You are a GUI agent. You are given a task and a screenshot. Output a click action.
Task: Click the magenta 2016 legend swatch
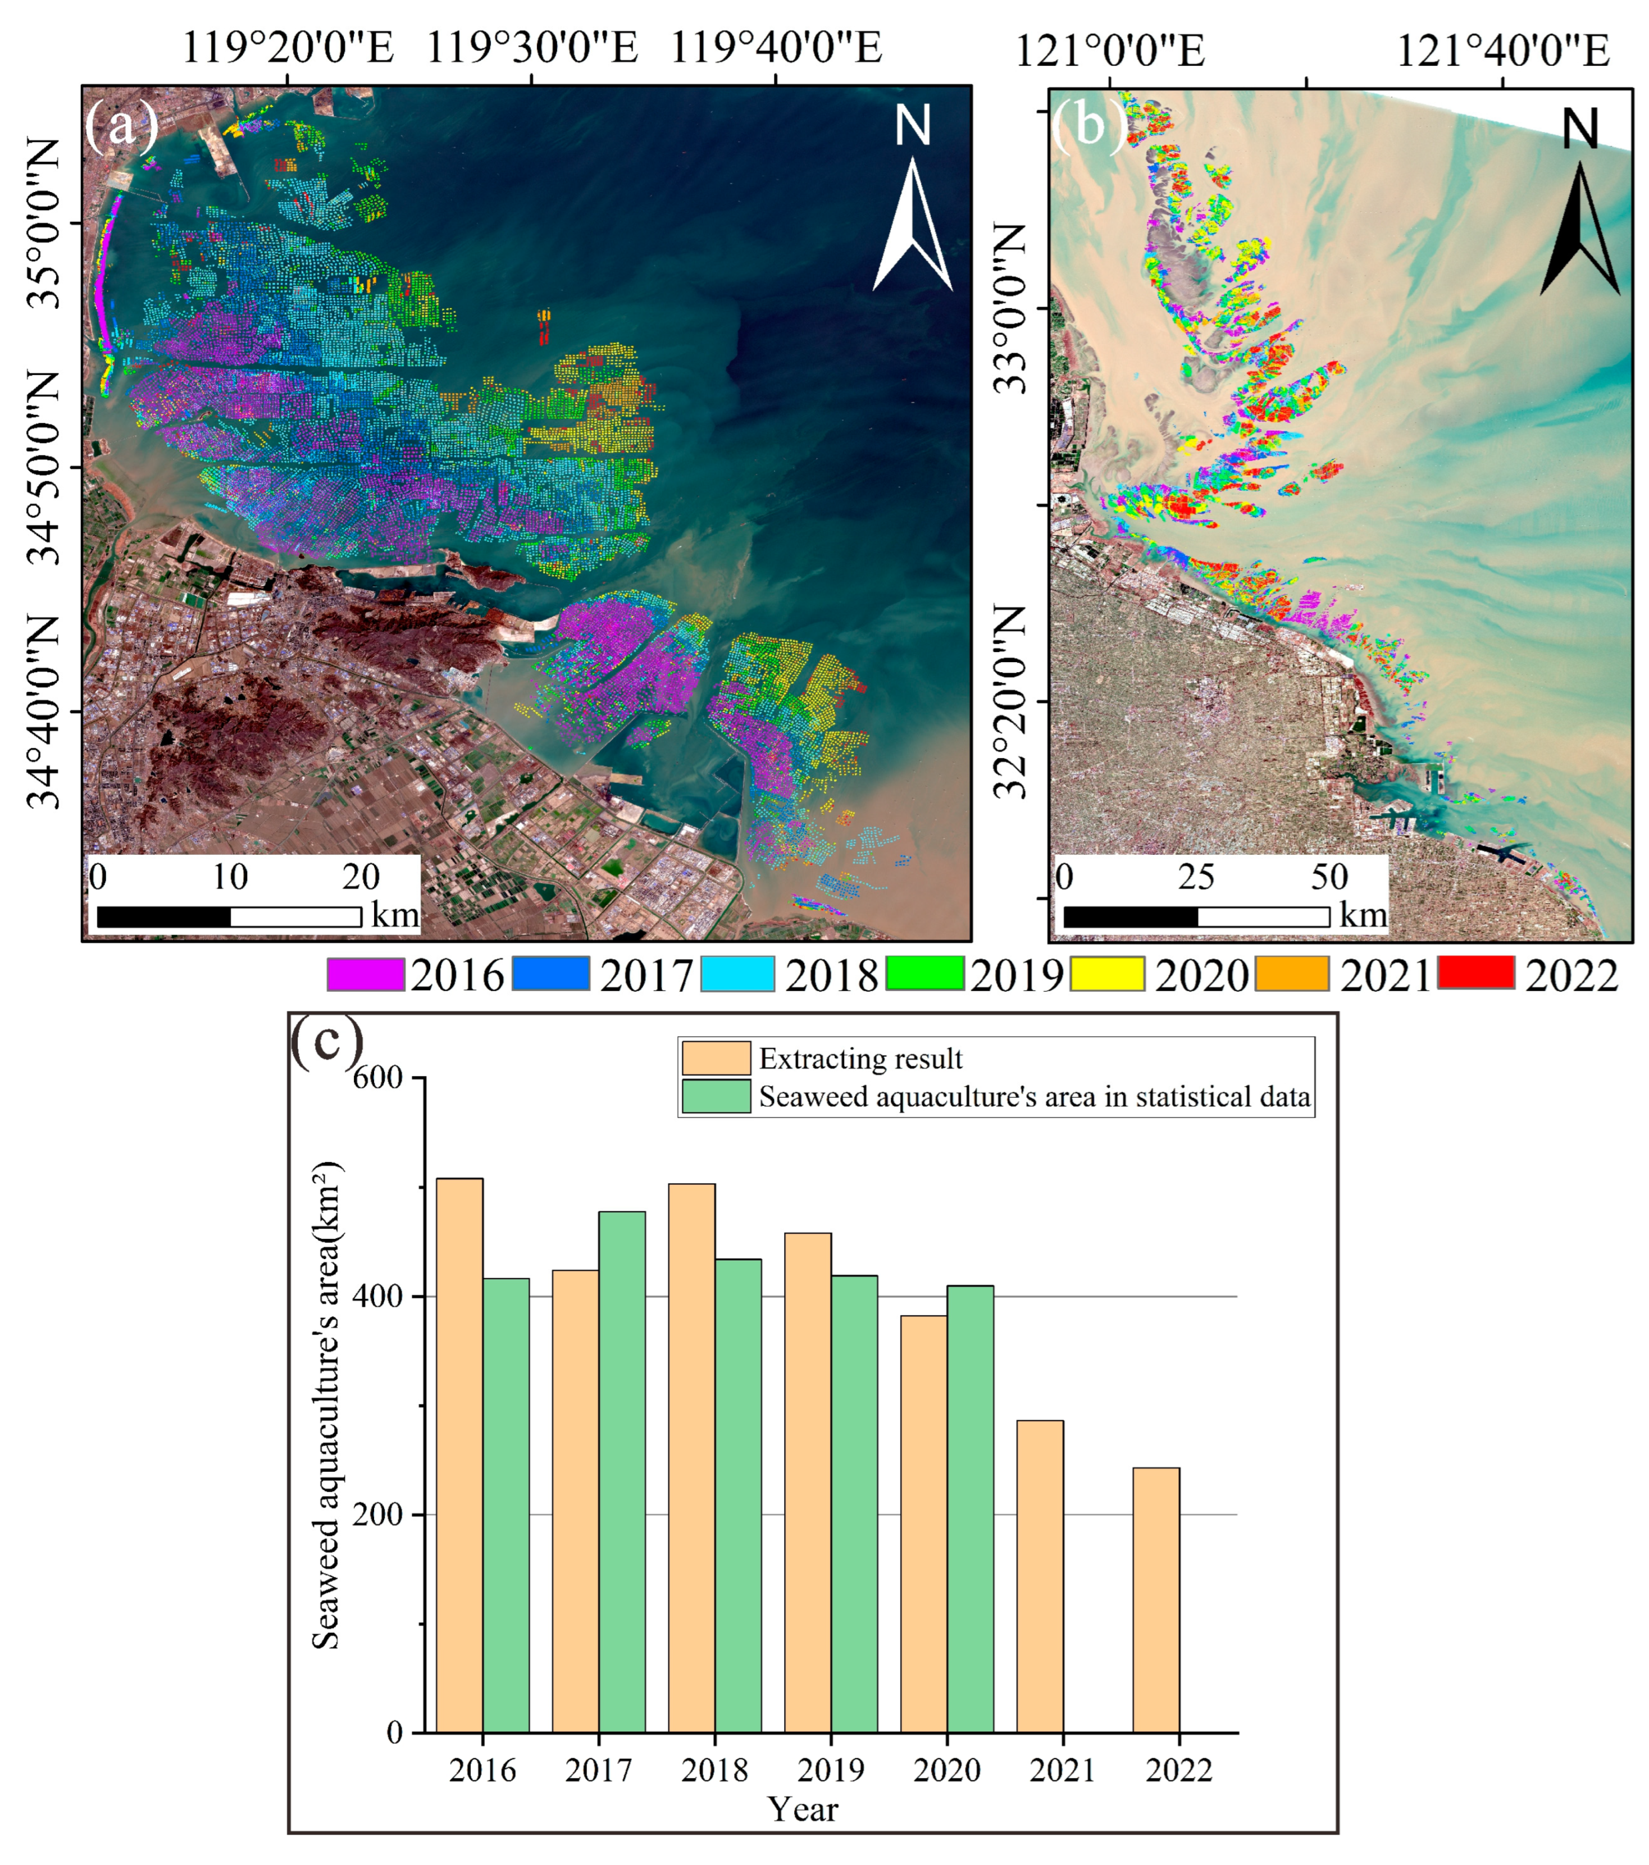coord(365,974)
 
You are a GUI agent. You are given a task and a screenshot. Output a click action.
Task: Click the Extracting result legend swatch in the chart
coord(716,1059)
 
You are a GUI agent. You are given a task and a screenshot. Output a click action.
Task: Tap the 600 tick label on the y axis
coord(378,1078)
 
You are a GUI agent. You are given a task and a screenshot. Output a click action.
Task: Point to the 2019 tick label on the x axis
coord(831,1770)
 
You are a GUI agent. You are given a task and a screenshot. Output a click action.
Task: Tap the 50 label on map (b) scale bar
coord(1329,877)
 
